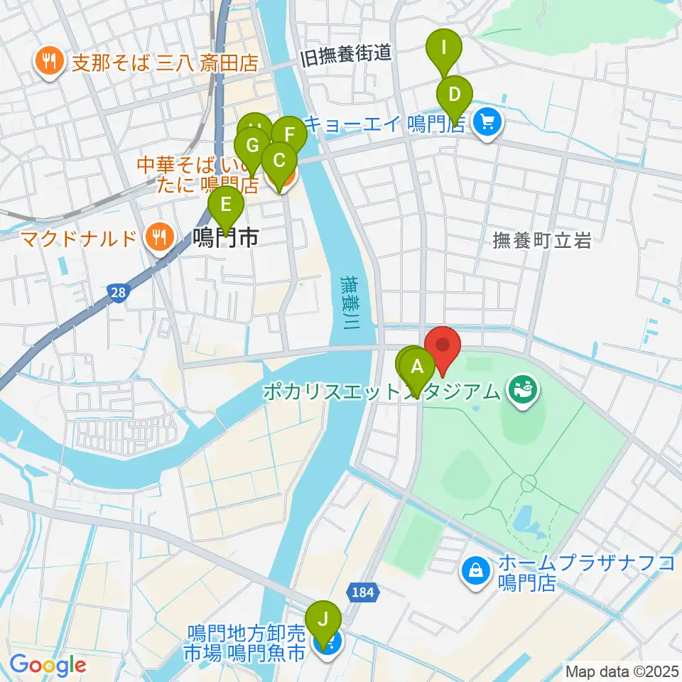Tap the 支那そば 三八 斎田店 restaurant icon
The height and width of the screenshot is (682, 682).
tap(48, 63)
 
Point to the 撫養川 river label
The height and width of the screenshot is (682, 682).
tap(351, 302)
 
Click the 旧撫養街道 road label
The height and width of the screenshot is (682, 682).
tap(347, 55)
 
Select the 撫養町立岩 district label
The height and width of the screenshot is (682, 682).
tap(541, 242)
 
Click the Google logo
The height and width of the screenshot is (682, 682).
tap(47, 665)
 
